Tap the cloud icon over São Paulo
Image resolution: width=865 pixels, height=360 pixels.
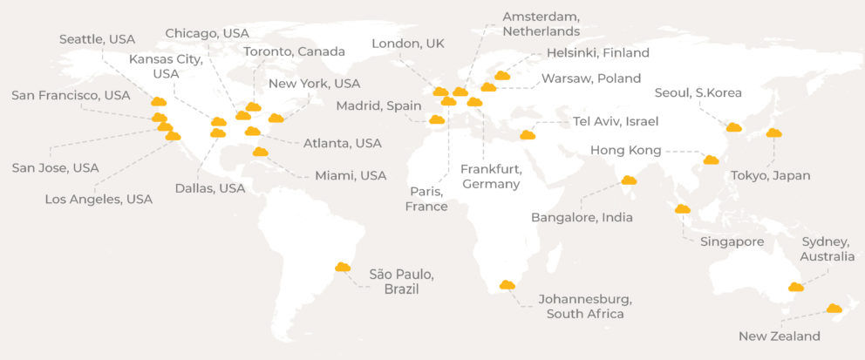point(343,267)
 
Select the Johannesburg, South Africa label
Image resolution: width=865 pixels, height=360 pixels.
point(585,306)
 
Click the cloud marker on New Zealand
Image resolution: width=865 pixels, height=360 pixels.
point(834,309)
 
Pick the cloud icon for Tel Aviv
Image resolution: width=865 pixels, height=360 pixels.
point(528,135)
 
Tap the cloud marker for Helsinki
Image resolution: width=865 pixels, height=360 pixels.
point(502,76)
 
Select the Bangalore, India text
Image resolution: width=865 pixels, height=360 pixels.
point(582,217)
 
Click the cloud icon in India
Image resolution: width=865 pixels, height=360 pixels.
point(629,180)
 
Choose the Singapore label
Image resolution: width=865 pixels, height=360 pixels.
point(732,241)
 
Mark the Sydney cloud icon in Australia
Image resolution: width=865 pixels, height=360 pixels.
point(796,287)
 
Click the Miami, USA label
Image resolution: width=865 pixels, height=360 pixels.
point(351,176)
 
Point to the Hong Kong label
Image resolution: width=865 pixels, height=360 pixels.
point(625,150)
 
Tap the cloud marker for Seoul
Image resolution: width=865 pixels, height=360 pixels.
point(734,127)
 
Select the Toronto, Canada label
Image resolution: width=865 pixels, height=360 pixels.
point(294,51)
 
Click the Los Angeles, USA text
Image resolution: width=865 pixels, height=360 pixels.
point(99,200)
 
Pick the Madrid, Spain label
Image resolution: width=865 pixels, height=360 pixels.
point(379,106)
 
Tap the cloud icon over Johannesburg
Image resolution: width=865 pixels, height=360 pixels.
point(507,285)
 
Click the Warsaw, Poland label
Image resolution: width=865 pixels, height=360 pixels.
point(591,78)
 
